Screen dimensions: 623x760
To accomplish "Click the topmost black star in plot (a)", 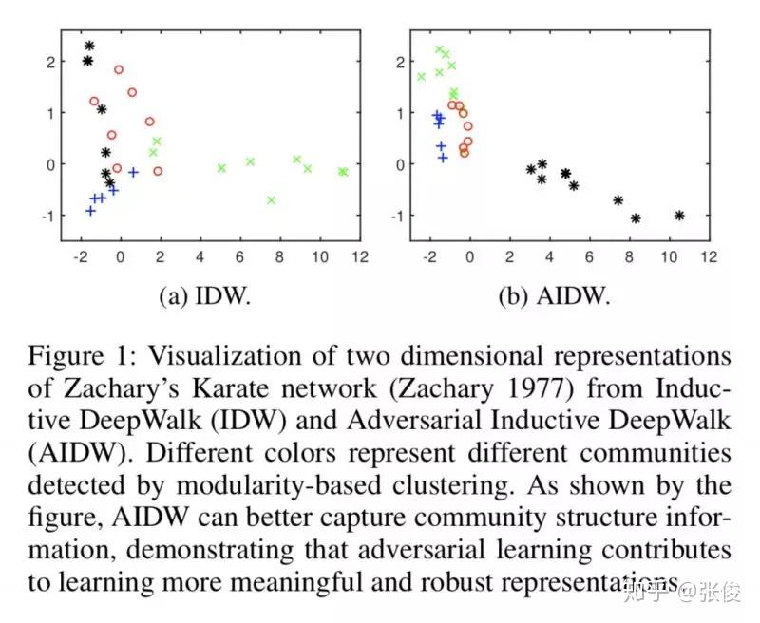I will pos(89,46).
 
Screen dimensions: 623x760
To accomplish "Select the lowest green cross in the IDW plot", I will pos(272,199).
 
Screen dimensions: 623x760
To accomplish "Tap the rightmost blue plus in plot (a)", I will pos(134,172).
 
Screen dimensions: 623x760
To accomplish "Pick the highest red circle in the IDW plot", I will pos(119,69).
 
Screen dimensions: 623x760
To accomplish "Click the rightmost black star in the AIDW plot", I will pos(679,216).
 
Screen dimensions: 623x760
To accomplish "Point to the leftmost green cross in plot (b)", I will pos(422,77).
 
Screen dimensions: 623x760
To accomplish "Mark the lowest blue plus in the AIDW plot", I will pos(443,157).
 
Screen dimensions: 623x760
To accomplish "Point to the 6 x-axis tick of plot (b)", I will pos(589,256).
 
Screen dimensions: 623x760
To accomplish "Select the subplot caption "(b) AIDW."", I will pos(554,296).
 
